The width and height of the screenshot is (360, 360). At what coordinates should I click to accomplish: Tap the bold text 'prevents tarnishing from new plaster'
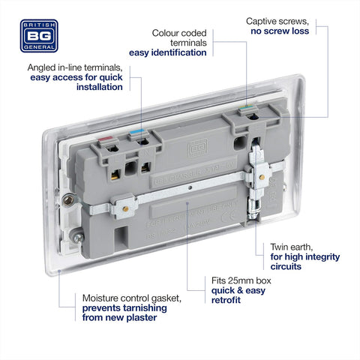pyautogui.click(x=121, y=313)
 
